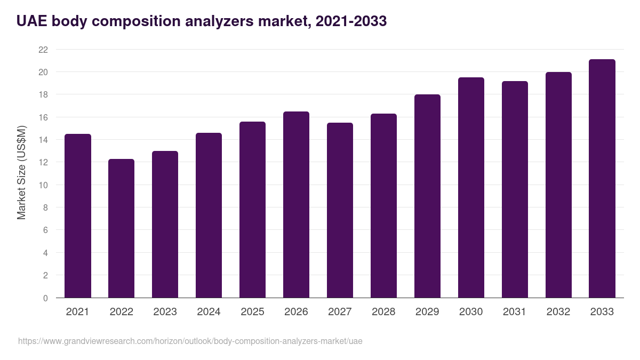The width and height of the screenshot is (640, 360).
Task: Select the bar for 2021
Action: tap(78, 216)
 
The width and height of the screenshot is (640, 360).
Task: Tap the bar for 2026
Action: tap(296, 205)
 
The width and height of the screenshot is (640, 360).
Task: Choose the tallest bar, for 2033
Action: tap(602, 179)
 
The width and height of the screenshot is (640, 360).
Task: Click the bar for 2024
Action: tap(209, 215)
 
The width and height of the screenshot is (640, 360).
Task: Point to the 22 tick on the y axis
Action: tap(43, 50)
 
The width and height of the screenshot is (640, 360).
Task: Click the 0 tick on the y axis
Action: tap(45, 298)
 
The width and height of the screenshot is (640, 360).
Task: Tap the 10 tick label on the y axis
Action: tap(43, 185)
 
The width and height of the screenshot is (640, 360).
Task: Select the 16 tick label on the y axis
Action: tap(43, 117)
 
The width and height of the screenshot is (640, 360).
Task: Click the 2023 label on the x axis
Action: tap(165, 312)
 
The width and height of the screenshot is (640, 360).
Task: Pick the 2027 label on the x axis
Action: tap(340, 312)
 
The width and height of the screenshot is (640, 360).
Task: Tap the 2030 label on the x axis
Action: tap(471, 312)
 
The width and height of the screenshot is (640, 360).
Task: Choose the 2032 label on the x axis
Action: tap(558, 312)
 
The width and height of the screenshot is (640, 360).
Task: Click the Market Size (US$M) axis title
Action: tap(21, 173)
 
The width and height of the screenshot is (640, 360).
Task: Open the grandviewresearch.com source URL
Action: tap(190, 341)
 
